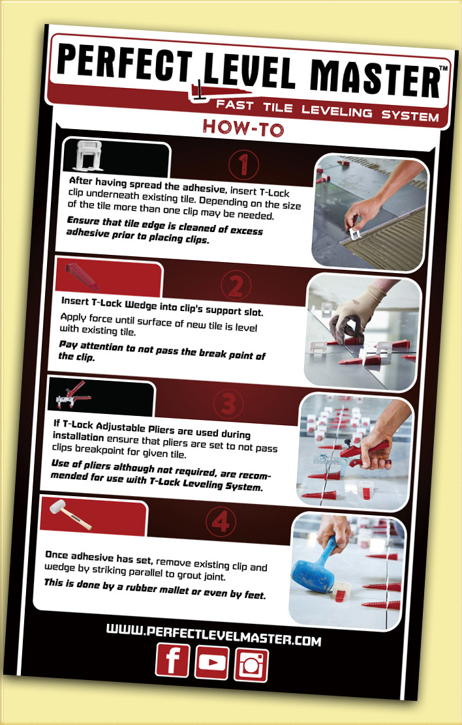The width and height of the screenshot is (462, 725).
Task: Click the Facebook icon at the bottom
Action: tap(173, 660)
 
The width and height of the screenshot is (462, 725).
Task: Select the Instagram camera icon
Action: tap(251, 666)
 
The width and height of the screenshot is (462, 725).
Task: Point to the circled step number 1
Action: tap(243, 164)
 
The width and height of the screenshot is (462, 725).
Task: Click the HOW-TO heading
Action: tap(243, 127)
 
